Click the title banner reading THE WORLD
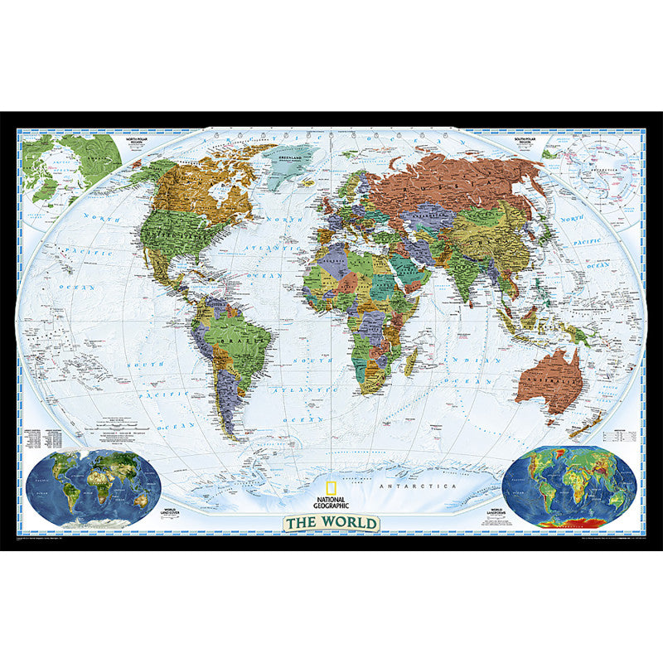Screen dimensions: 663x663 click(x=331, y=523)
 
